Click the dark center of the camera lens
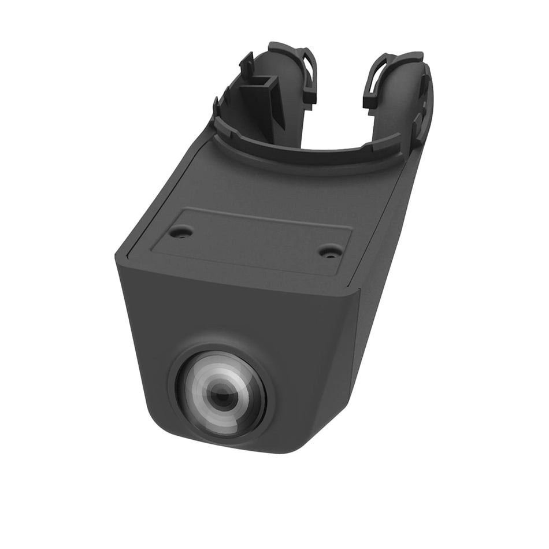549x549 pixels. click(x=219, y=396)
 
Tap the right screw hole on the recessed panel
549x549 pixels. click(x=330, y=251)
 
